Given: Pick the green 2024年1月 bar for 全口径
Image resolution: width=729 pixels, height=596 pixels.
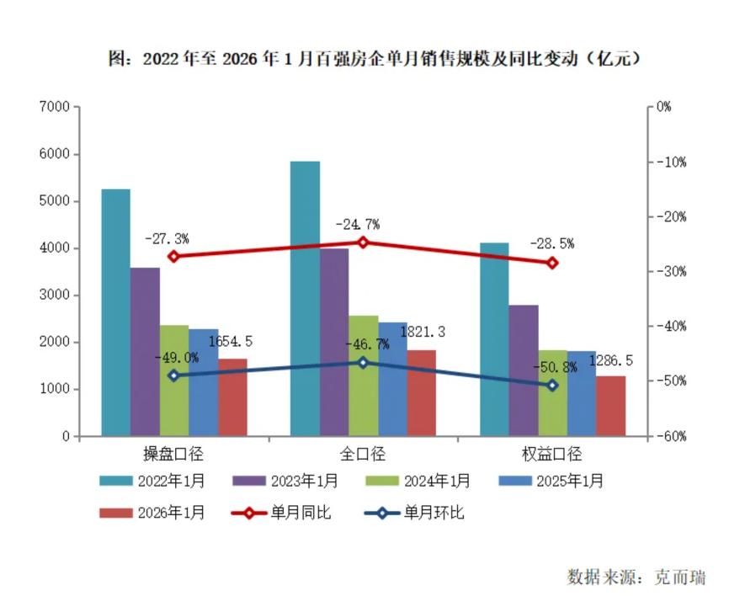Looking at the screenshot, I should click(363, 375).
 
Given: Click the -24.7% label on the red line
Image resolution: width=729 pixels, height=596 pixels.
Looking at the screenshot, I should click(357, 225).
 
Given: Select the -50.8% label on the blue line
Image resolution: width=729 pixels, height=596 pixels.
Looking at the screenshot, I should click(552, 367).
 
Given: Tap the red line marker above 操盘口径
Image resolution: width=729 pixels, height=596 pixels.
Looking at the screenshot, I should click(174, 257).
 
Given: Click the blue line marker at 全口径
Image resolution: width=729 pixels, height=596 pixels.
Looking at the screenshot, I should click(363, 362).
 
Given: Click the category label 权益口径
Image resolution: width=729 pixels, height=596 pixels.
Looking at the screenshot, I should click(552, 455).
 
